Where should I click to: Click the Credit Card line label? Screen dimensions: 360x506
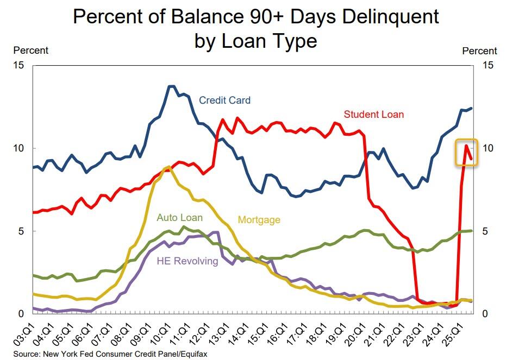[224, 100]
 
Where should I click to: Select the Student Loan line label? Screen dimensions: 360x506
[373, 115]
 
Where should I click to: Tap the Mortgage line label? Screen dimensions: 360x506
[259, 220]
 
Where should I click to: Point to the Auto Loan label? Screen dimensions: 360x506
[179, 218]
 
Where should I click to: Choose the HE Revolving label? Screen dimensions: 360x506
[187, 261]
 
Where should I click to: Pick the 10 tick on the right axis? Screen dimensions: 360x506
[487, 148]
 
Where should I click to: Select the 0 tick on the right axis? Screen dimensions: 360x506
[485, 314]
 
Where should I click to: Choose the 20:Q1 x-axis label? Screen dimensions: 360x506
[355, 332]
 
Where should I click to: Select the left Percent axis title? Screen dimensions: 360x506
[30, 50]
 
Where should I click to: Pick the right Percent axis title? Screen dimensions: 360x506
[479, 51]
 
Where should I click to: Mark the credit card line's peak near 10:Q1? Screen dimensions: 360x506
[171, 86]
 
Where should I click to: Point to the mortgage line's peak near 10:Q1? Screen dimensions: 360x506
[168, 167]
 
